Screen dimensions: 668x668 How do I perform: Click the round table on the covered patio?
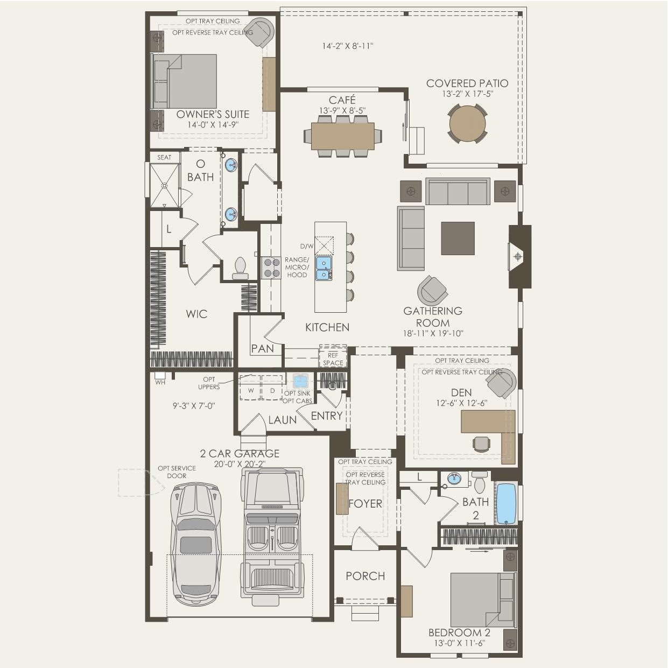(x=467, y=123)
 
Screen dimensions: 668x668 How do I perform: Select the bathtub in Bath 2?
(x=506, y=504)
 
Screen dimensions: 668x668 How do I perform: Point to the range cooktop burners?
(x=271, y=268)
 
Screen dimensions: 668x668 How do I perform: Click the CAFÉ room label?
(x=342, y=100)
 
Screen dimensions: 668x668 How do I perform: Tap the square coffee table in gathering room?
(x=458, y=238)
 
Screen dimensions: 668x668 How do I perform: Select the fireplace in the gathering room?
(x=519, y=257)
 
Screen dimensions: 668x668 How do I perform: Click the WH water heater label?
(x=160, y=382)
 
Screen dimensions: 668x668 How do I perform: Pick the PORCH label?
(x=365, y=576)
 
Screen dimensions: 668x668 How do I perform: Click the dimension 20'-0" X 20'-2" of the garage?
(x=240, y=464)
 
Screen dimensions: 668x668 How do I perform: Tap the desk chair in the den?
(x=482, y=444)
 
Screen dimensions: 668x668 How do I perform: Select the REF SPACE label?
(x=333, y=359)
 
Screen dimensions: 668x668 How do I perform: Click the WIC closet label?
(x=196, y=314)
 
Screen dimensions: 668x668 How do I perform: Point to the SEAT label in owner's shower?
(x=164, y=157)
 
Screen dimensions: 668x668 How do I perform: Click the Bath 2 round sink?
(x=454, y=479)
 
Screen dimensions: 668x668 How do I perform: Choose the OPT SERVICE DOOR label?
(x=177, y=472)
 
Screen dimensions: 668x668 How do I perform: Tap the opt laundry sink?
(x=300, y=380)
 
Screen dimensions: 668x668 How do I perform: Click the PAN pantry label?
(x=263, y=348)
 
